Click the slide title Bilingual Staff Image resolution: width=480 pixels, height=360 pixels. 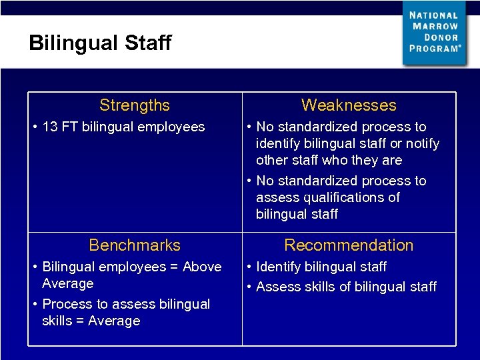[100, 43]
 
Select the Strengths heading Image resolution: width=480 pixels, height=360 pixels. [135, 105]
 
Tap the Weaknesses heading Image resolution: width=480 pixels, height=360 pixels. [349, 105]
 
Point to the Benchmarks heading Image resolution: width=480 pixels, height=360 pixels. [135, 245]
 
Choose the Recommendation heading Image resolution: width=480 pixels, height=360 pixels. [349, 245]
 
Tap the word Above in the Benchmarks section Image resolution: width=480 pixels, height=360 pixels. [202, 267]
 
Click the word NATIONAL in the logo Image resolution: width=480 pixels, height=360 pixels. [434, 15]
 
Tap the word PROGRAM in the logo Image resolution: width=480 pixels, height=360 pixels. [433, 49]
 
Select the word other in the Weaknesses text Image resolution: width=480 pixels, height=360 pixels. [271, 161]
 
